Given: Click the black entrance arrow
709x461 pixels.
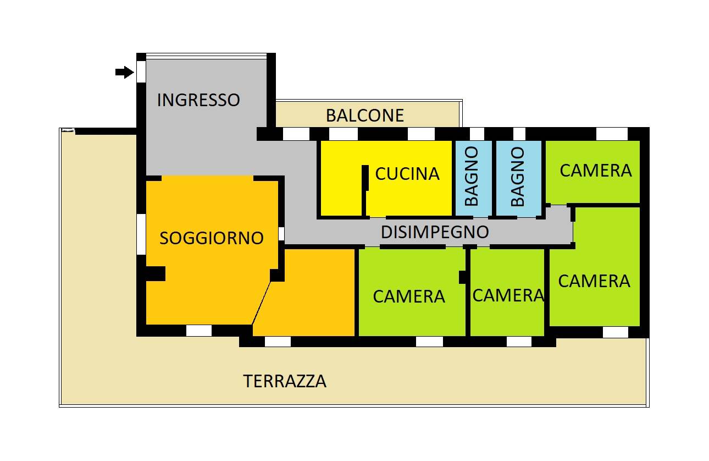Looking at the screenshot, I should pos(125,72).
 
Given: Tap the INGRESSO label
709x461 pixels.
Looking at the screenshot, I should pos(198,100).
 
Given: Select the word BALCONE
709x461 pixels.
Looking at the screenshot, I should pos(364,116).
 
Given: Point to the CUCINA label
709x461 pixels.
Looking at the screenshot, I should pos(407,174).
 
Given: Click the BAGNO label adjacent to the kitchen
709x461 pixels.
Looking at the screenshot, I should pos(472,177).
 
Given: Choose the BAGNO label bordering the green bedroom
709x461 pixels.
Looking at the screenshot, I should pos(517,177).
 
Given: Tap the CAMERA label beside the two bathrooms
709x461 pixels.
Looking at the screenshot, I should pos(595,171).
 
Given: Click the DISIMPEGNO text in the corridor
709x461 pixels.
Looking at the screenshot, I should pos(435,232).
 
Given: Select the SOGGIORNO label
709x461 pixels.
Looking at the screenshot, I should pos(212,238).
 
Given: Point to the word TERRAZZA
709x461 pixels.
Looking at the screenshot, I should pos(285,381).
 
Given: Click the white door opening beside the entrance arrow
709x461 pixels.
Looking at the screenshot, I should pos(141,72).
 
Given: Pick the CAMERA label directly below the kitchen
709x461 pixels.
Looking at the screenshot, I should pos(408,297).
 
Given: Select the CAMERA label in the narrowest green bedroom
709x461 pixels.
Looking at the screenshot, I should pos(508,295).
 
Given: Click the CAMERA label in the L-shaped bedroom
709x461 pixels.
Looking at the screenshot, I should pos(594,281).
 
